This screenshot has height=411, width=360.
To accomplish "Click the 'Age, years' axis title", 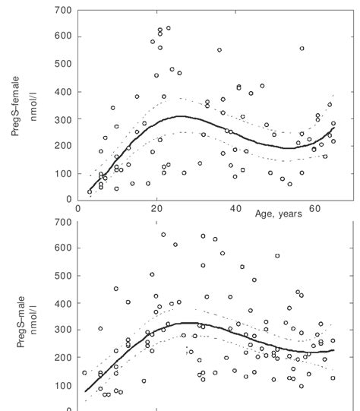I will point(279,214).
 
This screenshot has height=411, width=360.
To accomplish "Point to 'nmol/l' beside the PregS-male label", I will point(33,327).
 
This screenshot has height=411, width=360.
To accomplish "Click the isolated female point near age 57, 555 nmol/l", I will point(302,49).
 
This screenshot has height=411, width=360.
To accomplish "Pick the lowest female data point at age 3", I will point(90,192).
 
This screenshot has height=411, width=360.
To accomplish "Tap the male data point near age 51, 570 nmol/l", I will point(277,256).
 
